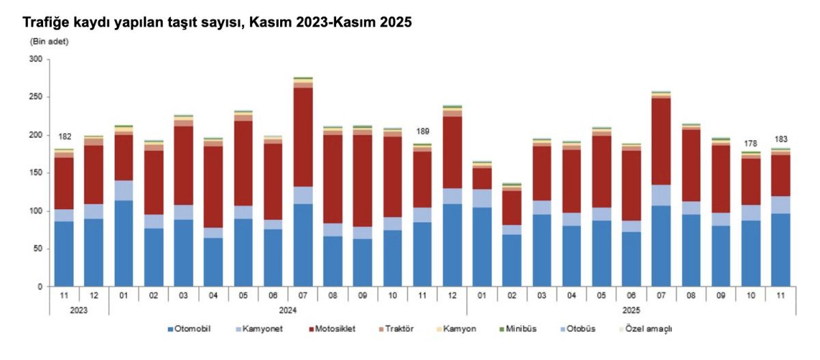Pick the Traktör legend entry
(x=398, y=329)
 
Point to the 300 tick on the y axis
(x=36, y=60)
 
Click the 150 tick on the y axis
(x=36, y=174)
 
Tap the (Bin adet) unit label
(x=49, y=42)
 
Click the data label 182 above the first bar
(x=65, y=137)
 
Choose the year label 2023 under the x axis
(x=79, y=309)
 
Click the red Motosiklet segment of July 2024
(x=303, y=137)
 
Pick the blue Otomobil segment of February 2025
(x=512, y=260)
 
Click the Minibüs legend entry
(x=521, y=329)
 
